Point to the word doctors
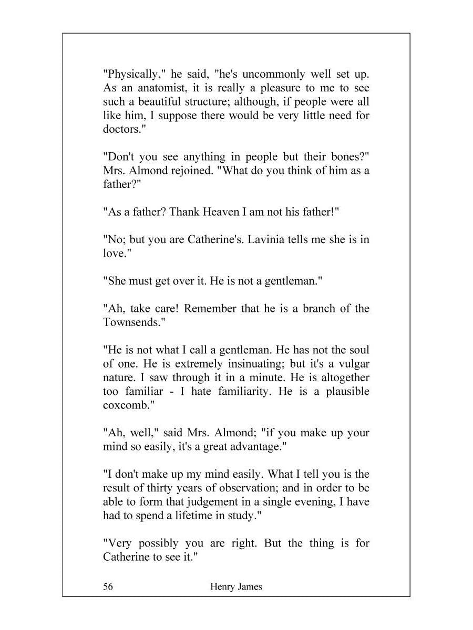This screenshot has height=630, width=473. [x=124, y=129]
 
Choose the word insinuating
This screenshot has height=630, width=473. [x=246, y=363]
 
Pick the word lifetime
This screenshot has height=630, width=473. [x=192, y=515]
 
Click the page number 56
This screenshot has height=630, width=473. [x=108, y=587]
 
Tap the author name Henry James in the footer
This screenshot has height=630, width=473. [x=235, y=587]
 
